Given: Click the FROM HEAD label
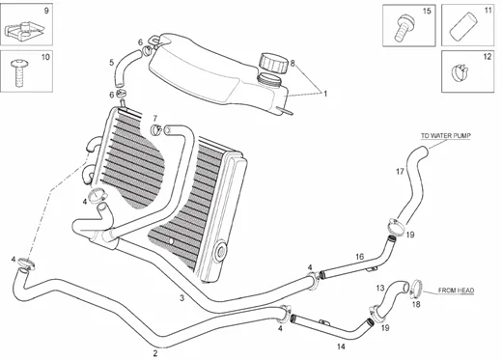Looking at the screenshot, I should pyautogui.click(x=458, y=289).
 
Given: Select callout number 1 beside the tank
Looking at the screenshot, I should pyautogui.click(x=325, y=94).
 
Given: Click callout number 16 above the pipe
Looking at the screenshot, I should pyautogui.click(x=358, y=257).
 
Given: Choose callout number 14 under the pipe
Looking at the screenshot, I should pyautogui.click(x=340, y=345).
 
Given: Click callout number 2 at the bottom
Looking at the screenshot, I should pyautogui.click(x=155, y=353).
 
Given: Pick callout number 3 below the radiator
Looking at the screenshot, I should pyautogui.click(x=181, y=298).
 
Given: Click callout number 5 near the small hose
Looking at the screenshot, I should pyautogui.click(x=111, y=63).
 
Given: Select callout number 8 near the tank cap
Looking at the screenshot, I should pyautogui.click(x=293, y=63).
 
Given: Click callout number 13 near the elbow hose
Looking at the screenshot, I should pyautogui.click(x=379, y=288).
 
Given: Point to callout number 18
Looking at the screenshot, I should pyautogui.click(x=417, y=304).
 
